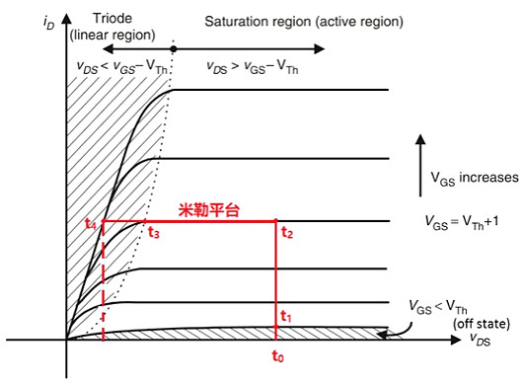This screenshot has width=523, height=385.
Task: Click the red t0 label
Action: coord(277,358)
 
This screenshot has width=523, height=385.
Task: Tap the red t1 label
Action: coord(286,316)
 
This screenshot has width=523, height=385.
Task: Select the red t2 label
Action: coord(287,233)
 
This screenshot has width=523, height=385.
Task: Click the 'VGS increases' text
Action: coord(474,178)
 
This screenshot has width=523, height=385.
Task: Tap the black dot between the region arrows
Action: coord(174,48)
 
